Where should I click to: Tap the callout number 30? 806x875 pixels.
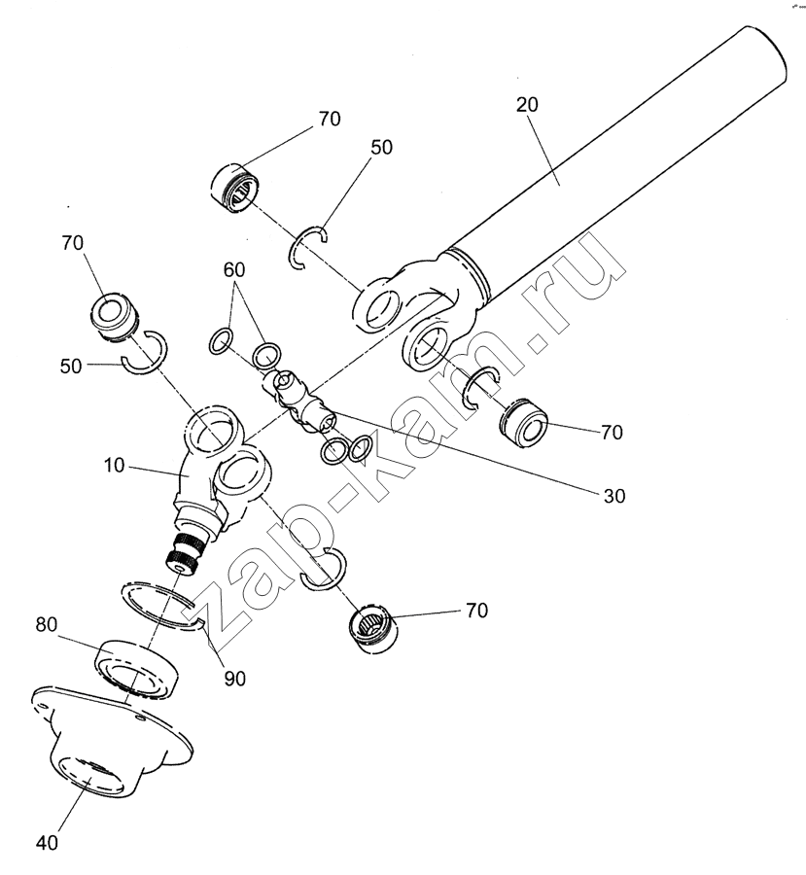(613, 495)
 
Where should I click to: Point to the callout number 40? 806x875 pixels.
(46, 842)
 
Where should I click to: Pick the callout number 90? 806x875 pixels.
(234, 678)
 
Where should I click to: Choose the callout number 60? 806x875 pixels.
(233, 268)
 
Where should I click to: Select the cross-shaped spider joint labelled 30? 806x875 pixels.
(299, 399)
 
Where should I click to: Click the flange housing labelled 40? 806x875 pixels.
(107, 739)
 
